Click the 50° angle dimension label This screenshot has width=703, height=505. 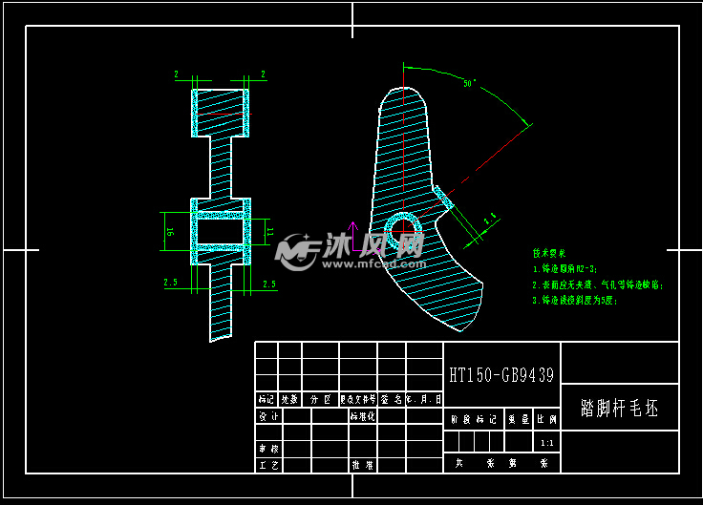coord(469,84)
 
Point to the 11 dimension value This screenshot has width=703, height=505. coord(269,231)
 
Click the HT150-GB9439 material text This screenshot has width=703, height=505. coord(501,375)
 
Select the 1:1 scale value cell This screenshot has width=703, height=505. coord(546,443)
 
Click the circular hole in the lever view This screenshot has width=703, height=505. coord(404,230)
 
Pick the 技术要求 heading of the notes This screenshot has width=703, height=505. coord(550,253)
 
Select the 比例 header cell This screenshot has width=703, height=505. coord(546,419)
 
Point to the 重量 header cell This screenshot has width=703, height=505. coord(518,419)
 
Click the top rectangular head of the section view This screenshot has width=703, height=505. coord(221,113)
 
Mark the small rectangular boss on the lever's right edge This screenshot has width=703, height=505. coord(442,198)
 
